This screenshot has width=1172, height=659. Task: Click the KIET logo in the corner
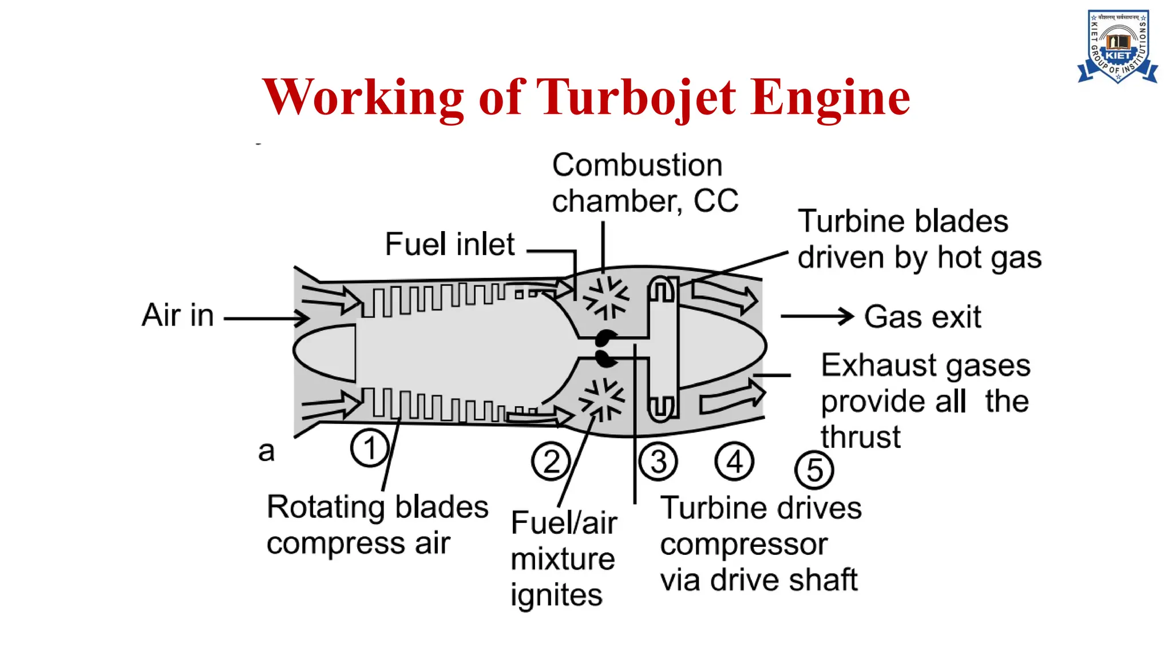point(1118,47)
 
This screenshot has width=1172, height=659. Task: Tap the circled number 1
point(370,448)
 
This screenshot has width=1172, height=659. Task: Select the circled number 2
point(551,461)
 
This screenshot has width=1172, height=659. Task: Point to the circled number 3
point(658,461)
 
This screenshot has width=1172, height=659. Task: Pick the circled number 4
point(734,461)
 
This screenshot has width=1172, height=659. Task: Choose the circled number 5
point(814,470)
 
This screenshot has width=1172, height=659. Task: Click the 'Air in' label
point(178,315)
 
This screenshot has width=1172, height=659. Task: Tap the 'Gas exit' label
point(922,317)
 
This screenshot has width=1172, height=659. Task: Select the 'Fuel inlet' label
point(450,244)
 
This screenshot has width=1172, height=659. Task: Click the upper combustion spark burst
point(605,297)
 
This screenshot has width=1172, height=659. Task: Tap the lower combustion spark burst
point(602,399)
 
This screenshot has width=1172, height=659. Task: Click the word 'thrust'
point(861,437)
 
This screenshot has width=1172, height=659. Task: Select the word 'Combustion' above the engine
point(637,166)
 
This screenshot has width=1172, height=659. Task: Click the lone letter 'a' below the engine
point(266,451)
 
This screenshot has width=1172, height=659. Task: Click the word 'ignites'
point(556,596)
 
